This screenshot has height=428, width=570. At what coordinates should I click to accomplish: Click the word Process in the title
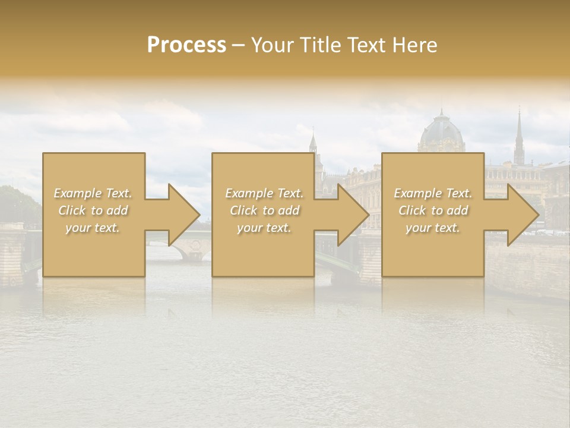click(186, 45)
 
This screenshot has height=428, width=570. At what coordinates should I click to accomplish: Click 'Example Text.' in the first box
click(93, 193)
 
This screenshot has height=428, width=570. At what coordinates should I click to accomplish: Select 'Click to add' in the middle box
click(264, 210)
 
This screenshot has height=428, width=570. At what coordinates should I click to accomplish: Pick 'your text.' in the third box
click(433, 228)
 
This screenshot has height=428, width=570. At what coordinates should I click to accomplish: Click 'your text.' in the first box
click(93, 228)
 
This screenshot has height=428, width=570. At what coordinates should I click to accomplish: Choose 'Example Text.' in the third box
click(433, 193)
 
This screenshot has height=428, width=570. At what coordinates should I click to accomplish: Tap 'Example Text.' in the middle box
click(264, 193)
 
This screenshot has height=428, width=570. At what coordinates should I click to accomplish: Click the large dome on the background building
click(441, 132)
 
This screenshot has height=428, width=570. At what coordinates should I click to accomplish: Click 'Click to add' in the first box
click(93, 210)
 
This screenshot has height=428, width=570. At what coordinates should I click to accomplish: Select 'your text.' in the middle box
click(264, 228)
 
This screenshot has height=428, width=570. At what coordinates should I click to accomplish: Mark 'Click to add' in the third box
click(433, 210)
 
